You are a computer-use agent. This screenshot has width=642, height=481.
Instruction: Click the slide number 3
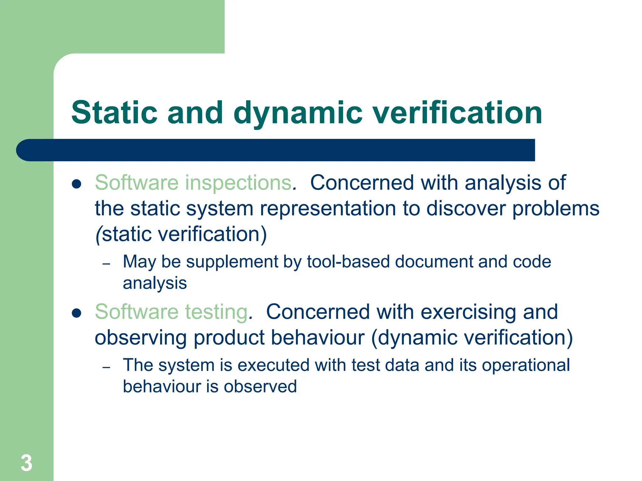pyautogui.click(x=26, y=463)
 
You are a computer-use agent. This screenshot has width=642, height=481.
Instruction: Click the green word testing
pyautogui.click(x=217, y=313)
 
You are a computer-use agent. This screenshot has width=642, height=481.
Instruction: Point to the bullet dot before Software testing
pyautogui.click(x=76, y=313)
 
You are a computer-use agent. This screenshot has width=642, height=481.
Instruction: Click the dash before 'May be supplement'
pyautogui.click(x=107, y=264)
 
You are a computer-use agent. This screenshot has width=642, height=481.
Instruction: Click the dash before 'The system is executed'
pyautogui.click(x=107, y=367)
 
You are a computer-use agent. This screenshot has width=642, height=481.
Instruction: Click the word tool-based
pyautogui.click(x=348, y=262)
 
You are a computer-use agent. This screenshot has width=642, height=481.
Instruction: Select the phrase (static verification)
pyautogui.click(x=181, y=235)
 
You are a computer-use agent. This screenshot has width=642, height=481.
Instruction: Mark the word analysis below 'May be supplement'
pyautogui.click(x=155, y=283)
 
